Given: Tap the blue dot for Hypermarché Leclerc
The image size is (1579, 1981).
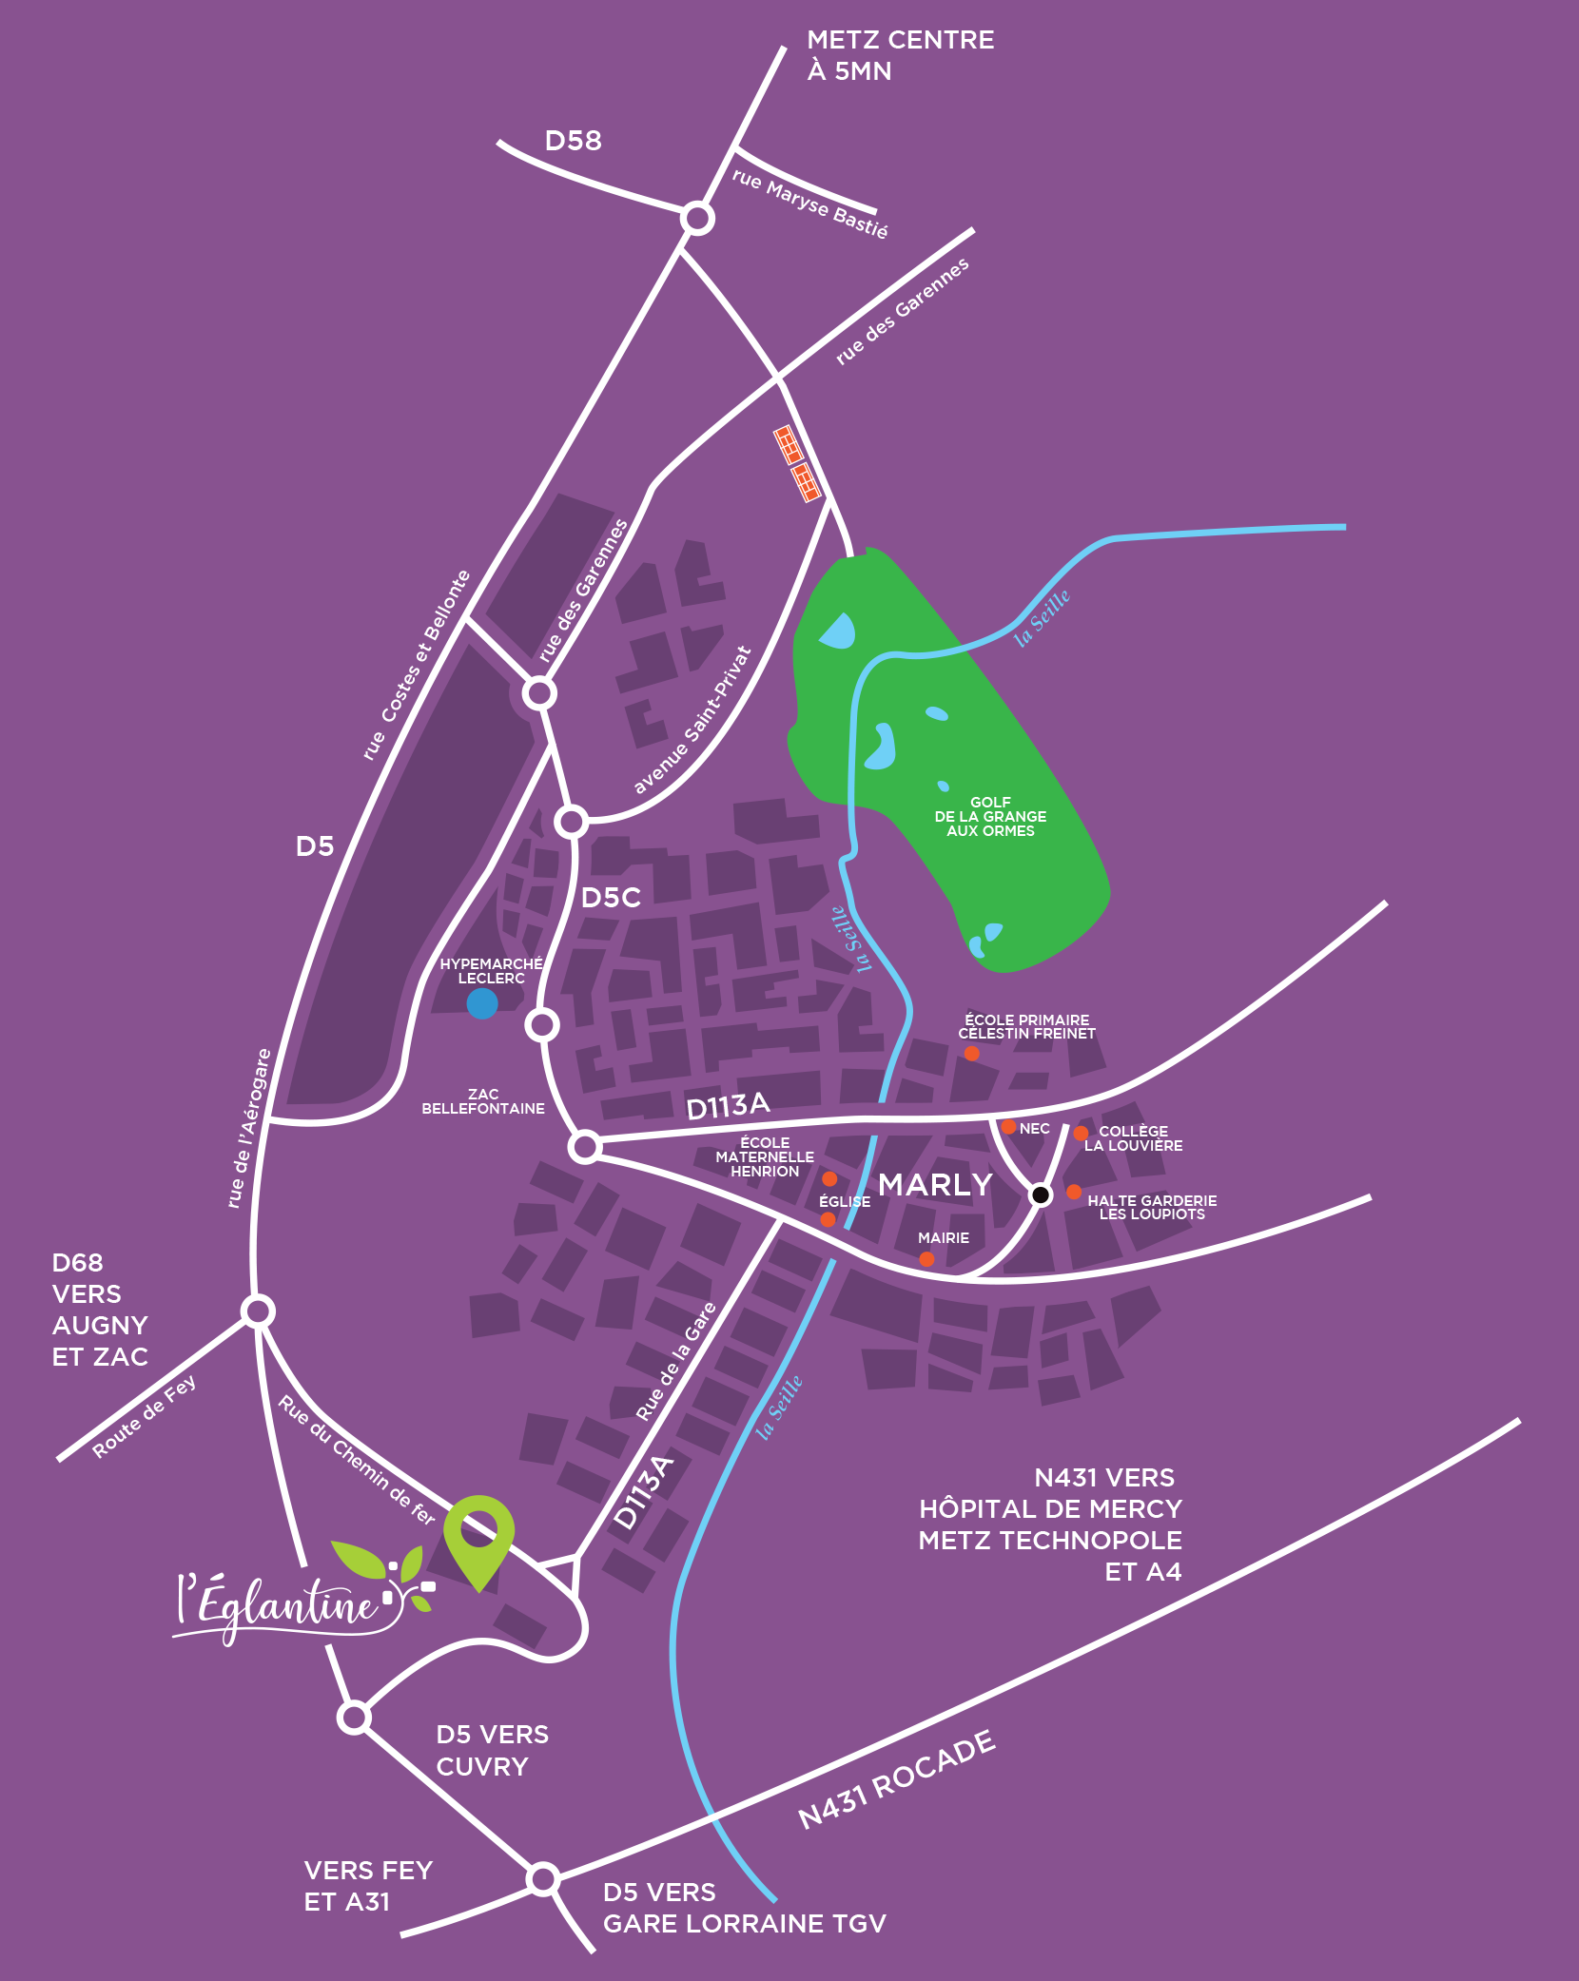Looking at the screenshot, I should (x=482, y=1003).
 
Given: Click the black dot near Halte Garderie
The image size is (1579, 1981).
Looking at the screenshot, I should (x=1041, y=1194).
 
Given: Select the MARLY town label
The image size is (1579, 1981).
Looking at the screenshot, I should (x=935, y=1185).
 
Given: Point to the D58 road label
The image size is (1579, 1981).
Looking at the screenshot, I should (x=573, y=141).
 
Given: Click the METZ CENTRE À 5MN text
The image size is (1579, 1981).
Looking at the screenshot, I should (x=899, y=55).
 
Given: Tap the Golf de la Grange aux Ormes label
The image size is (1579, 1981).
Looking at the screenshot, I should (x=990, y=817).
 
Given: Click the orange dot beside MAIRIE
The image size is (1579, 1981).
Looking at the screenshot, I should (x=926, y=1259).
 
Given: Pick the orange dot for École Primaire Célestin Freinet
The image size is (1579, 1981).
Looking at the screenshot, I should (x=971, y=1053).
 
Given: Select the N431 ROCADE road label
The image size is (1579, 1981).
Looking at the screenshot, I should (x=897, y=1780).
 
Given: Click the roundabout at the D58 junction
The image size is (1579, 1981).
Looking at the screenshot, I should (x=698, y=219).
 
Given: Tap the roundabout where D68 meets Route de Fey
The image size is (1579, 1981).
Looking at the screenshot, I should (x=258, y=1311).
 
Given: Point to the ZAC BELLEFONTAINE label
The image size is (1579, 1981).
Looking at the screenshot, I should (x=483, y=1101).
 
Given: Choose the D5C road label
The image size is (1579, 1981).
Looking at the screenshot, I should (x=611, y=898).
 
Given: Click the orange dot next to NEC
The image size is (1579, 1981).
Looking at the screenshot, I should (x=1008, y=1127).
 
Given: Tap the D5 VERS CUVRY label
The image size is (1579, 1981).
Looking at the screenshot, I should (x=492, y=1750).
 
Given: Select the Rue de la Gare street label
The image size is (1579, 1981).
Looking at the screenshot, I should (x=676, y=1362).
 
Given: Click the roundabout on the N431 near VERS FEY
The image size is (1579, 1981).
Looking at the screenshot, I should (x=543, y=1878).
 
